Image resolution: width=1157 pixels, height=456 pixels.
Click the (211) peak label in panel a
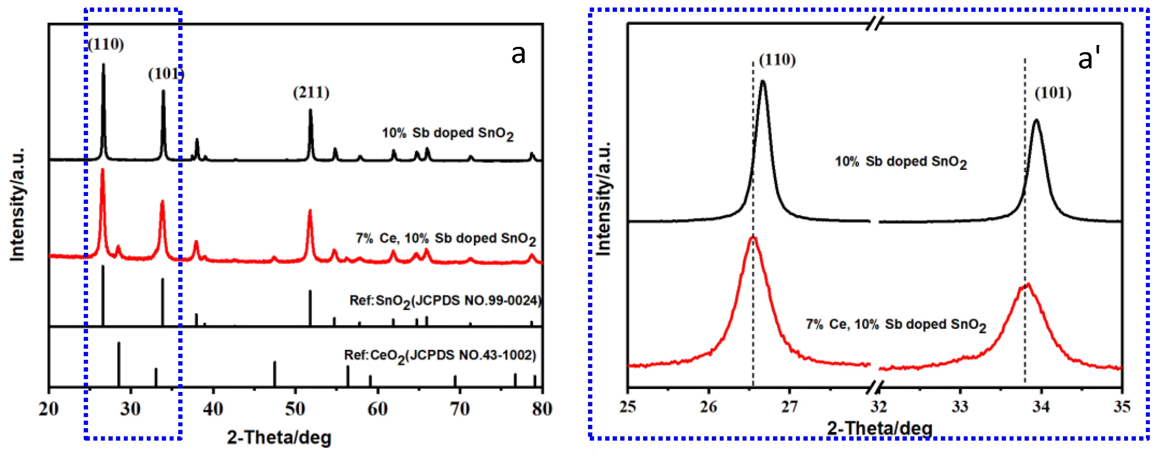(311, 93)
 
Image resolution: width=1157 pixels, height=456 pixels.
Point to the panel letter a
(518, 55)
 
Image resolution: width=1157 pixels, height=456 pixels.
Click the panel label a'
(1089, 58)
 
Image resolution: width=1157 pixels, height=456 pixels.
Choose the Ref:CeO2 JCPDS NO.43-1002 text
(440, 356)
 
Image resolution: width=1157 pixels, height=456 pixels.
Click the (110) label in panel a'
(777, 60)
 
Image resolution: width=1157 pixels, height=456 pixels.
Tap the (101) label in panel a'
(1053, 93)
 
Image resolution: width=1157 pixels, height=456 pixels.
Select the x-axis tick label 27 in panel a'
(789, 407)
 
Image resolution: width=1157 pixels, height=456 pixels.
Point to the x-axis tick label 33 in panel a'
(960, 407)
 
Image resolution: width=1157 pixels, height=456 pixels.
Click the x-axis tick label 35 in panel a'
(1122, 407)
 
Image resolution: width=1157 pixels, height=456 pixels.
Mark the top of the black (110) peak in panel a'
(763, 82)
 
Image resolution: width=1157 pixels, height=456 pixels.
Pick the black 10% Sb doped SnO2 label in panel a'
(900, 162)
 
